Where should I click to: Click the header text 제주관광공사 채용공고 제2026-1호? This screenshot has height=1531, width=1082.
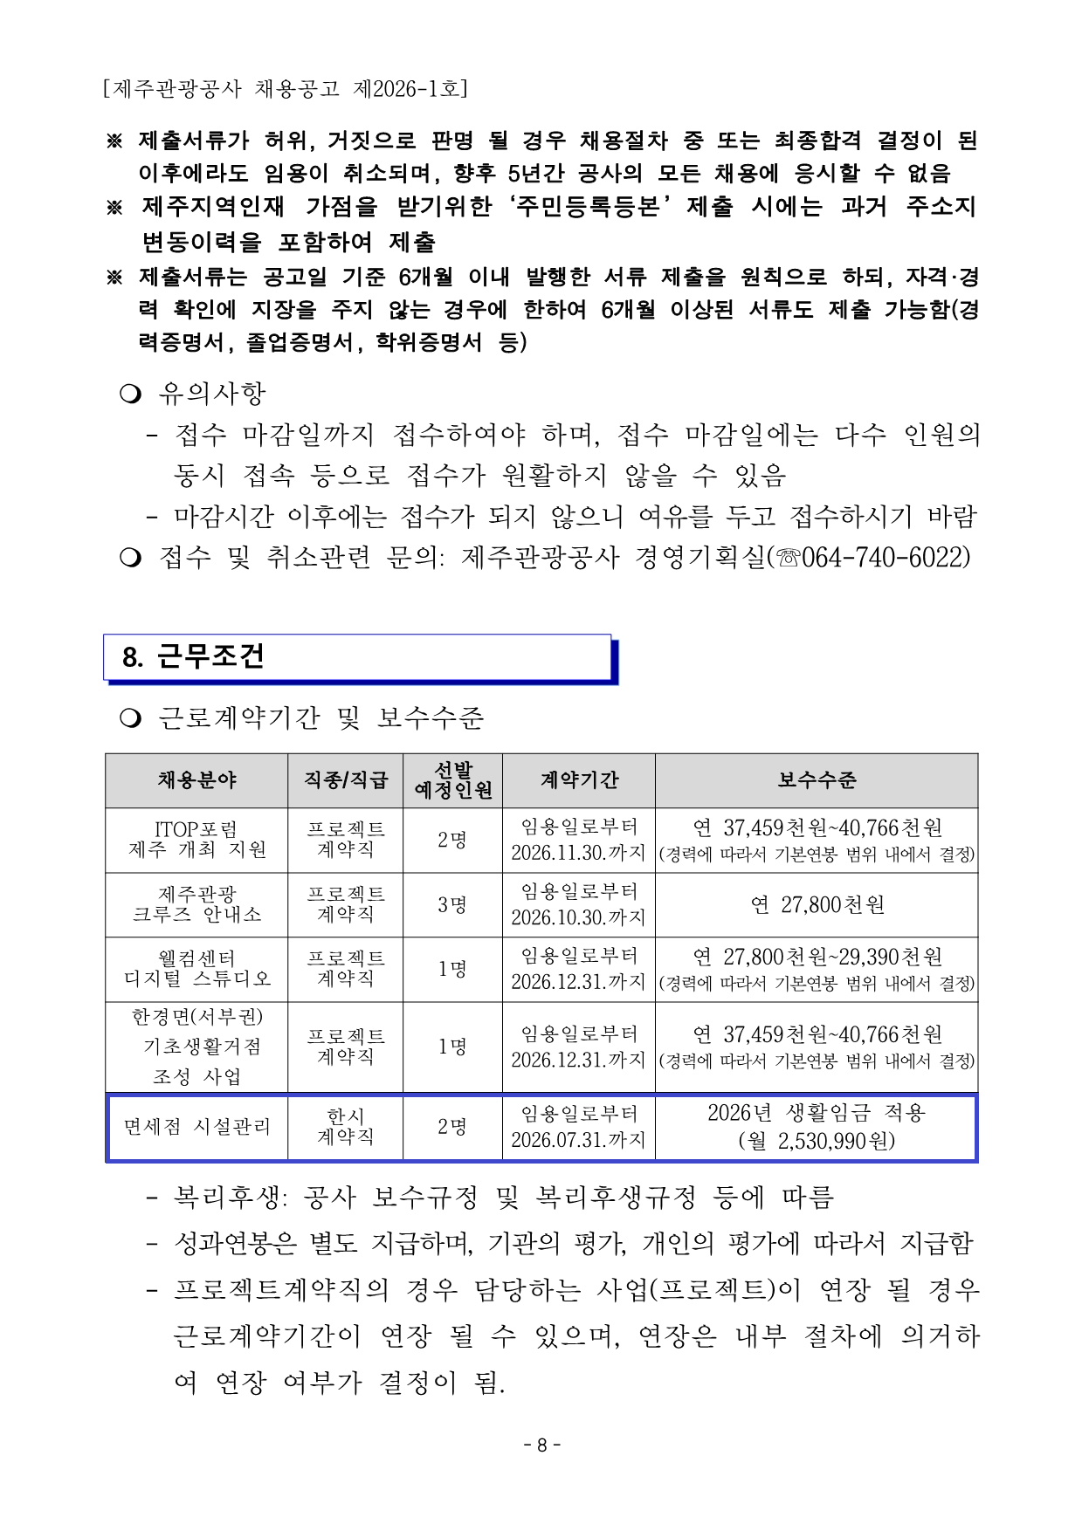click(285, 88)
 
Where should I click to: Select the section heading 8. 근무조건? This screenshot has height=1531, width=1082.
click(193, 656)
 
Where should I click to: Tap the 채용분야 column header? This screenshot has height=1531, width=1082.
click(196, 780)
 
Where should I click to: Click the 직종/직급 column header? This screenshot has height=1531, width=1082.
click(345, 780)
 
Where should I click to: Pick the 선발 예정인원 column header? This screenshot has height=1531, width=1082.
click(452, 780)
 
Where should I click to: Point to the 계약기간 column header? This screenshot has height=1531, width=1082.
click(578, 780)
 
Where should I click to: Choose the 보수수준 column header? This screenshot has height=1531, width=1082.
click(817, 780)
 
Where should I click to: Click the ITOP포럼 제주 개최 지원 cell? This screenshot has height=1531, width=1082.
click(196, 840)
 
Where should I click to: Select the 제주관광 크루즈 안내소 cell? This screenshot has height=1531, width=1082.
click(196, 904)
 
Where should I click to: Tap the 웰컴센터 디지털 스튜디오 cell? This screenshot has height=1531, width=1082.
click(196, 969)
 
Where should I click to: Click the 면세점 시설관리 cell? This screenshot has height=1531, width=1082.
click(196, 1127)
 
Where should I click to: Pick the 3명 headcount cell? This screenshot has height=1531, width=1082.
click(452, 904)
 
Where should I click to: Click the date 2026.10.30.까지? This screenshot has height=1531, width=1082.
click(577, 917)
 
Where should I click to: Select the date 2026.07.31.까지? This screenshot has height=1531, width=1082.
click(577, 1140)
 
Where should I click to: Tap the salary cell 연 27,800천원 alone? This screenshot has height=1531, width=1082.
click(817, 905)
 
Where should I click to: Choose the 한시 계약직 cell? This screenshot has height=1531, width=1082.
click(345, 1127)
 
